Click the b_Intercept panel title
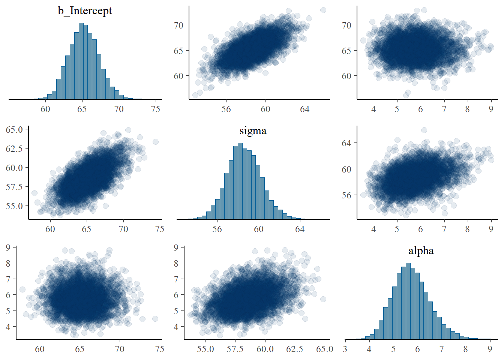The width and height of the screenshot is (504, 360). [x=85, y=10]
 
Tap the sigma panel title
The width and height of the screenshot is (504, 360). [x=253, y=131]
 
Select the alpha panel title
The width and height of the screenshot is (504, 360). [x=421, y=251]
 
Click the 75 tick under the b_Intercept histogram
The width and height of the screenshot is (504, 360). [x=156, y=109]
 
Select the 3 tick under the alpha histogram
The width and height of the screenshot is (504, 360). [x=345, y=349]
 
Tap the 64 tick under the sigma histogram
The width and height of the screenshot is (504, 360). [x=300, y=229]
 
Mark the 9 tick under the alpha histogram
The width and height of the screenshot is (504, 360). [x=490, y=349]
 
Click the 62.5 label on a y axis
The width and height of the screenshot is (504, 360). [x=14, y=148]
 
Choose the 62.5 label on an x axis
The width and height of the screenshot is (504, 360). [x=294, y=349]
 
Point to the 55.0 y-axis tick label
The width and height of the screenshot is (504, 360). [x=14, y=206]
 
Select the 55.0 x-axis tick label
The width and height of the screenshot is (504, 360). [x=205, y=349]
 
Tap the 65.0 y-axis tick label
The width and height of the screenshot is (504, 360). [x=14, y=129]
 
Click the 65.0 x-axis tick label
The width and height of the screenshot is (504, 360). [x=324, y=349]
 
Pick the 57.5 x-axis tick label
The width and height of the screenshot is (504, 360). [x=235, y=349]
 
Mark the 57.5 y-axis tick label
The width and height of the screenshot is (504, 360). [x=14, y=187]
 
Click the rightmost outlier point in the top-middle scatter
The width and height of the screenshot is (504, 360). [x=323, y=10]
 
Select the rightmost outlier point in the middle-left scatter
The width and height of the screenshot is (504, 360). [x=155, y=142]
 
